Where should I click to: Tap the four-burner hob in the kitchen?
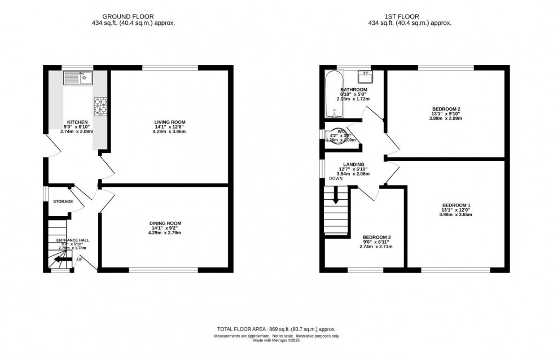coord(100,106)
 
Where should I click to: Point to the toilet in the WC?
coord(337,136)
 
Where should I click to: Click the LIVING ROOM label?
coord(170,122)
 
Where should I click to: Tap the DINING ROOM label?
coord(165,223)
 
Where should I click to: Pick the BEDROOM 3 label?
coord(377,237)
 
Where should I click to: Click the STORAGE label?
coord(63,201)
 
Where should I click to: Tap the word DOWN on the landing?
coord(336,178)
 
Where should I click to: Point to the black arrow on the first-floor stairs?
coord(336,197)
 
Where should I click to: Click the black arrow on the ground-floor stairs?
coord(56,260)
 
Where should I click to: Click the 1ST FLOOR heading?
coord(410,17)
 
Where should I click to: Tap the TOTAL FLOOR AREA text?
coord(276,328)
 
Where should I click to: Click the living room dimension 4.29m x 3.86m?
coord(170,131)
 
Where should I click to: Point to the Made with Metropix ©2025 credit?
coord(276,340)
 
